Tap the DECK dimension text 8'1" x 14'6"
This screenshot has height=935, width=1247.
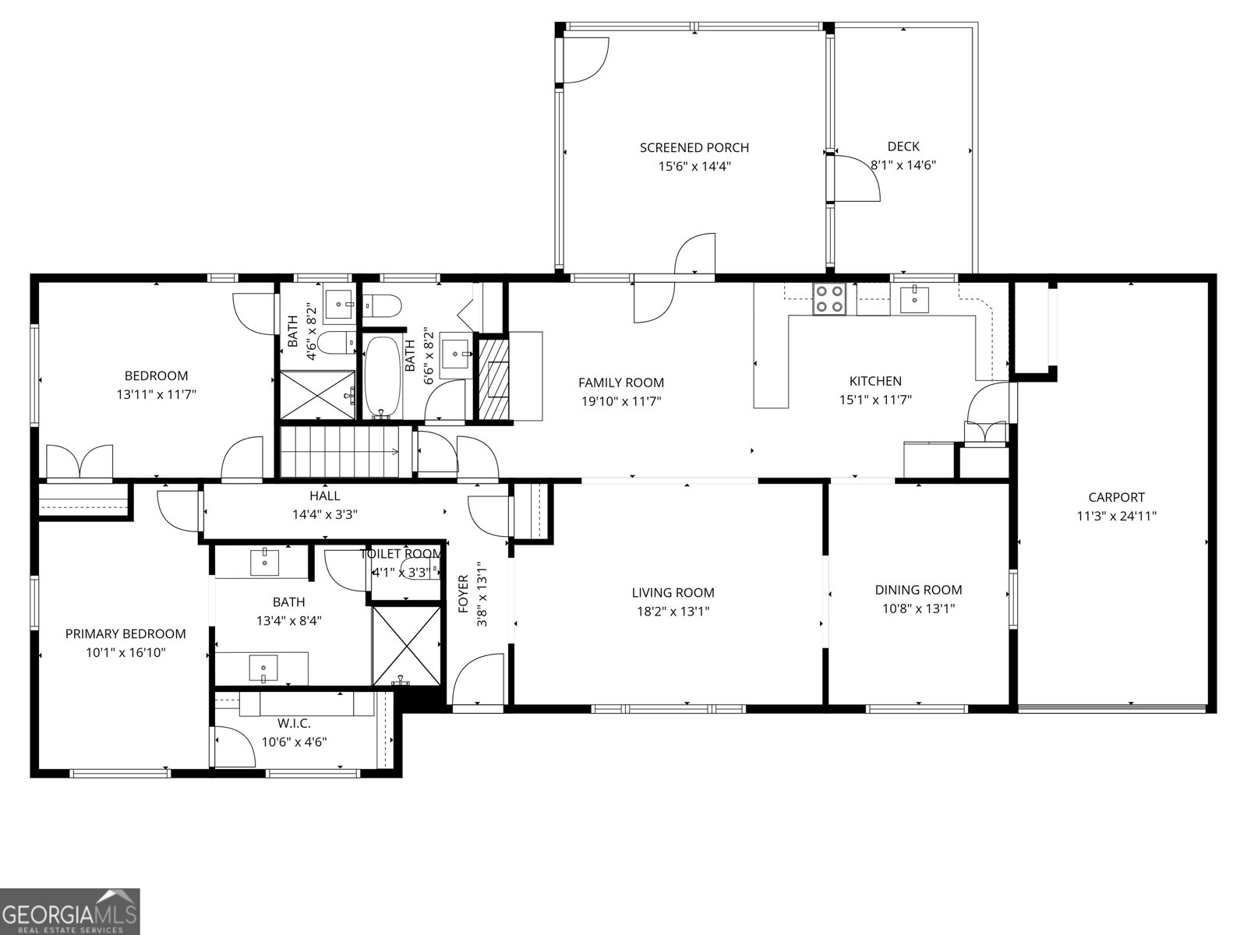click(x=903, y=165)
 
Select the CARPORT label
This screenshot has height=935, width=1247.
click(x=1116, y=497)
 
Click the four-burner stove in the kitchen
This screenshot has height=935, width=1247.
click(x=829, y=298)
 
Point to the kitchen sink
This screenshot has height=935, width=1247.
click(x=913, y=298)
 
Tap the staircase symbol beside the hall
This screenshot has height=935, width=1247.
click(x=339, y=451)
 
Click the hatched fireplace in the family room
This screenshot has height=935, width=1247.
click(x=493, y=379)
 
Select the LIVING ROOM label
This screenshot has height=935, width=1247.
click(x=673, y=593)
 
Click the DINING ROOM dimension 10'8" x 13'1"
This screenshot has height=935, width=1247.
click(x=918, y=609)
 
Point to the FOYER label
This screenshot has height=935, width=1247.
click(x=464, y=594)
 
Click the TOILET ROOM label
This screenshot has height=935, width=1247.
click(x=401, y=554)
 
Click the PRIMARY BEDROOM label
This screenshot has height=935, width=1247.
click(x=125, y=634)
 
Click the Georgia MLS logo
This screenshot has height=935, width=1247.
click(x=70, y=911)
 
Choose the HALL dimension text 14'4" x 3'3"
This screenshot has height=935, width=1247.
click(x=324, y=514)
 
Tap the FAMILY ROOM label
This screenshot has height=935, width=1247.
click(x=621, y=383)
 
